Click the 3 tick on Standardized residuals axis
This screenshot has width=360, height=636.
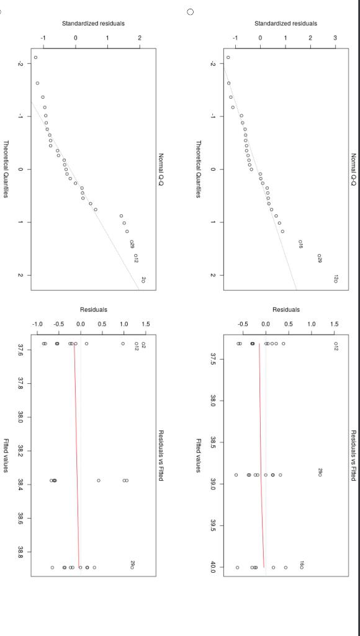[x=335, y=38]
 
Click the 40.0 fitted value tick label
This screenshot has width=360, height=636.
[x=214, y=566]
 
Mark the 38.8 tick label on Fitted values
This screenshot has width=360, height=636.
[x=22, y=551]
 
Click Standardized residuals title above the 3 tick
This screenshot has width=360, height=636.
[x=286, y=24]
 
